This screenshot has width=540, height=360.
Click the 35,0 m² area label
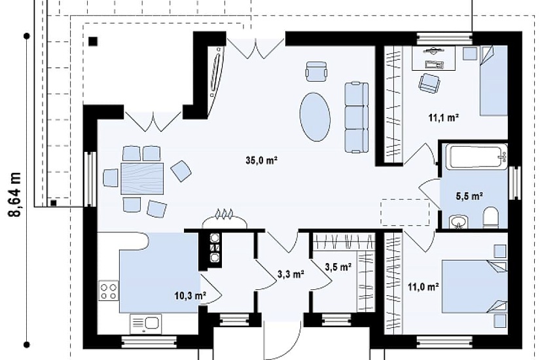(x=262, y=160)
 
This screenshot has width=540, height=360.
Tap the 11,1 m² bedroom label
(x=444, y=118)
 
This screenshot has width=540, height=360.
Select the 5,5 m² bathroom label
(x=469, y=196)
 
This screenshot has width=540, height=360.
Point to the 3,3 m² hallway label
(x=291, y=274)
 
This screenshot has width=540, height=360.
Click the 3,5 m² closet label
(x=338, y=266)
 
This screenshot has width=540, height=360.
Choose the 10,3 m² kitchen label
(x=190, y=295)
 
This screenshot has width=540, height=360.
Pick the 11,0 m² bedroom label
(x=423, y=287)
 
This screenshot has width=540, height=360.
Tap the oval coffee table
(x=315, y=117)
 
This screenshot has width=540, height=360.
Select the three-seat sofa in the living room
(x=357, y=117)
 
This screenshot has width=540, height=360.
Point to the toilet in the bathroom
(x=491, y=217)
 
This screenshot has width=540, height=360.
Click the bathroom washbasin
(x=458, y=221)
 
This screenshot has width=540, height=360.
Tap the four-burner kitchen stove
(x=109, y=291)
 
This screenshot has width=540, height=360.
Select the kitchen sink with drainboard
(x=146, y=324)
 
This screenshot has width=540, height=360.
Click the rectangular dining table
(x=142, y=179)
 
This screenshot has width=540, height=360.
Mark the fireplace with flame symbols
(x=225, y=219)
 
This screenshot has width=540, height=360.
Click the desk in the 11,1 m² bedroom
(x=433, y=58)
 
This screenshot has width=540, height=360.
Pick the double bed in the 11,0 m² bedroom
(x=475, y=286)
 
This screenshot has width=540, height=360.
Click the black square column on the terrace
(x=93, y=41)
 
